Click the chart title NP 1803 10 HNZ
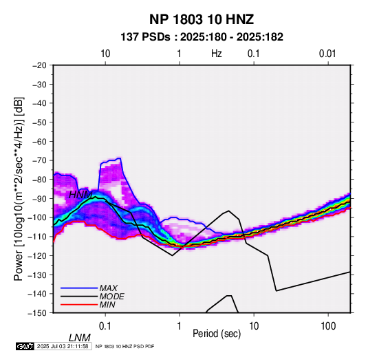click(202, 19)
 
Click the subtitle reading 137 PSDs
click(145, 37)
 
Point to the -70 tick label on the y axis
click(39, 160)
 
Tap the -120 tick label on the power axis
click(37, 255)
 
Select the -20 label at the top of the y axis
click(39, 65)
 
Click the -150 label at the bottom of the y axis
click(37, 313)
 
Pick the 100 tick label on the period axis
click(328, 326)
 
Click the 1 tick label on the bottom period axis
click(180, 326)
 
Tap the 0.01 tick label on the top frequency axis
click(327, 54)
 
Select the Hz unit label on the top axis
click(217, 54)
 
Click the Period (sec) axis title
click(217, 334)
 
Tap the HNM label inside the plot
click(80, 195)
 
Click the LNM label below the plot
click(80, 338)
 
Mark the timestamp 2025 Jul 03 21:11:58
click(63, 346)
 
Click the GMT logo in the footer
click(25, 346)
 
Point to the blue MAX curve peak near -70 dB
click(120, 158)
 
